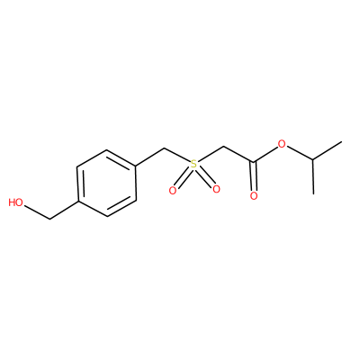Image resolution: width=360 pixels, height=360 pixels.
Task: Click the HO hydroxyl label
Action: (16, 202)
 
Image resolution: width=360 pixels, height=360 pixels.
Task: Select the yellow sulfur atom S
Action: (194, 164)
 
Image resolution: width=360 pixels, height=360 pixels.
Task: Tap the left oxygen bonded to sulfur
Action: (172, 190)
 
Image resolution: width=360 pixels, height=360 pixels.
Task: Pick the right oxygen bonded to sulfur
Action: (216, 189)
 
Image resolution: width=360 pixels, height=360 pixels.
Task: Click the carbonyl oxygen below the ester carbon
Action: (254, 196)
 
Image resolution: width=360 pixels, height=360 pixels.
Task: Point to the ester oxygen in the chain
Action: (282, 144)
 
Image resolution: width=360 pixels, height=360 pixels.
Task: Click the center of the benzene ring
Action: (107, 183)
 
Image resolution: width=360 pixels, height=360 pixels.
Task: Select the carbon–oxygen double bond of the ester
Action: (254, 176)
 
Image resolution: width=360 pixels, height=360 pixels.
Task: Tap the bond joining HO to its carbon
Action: (37, 212)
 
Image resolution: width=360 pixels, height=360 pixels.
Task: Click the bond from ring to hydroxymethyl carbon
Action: (64, 210)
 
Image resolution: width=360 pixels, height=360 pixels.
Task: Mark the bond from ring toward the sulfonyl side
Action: (150, 157)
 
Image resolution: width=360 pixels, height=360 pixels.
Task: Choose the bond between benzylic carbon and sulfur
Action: (177, 155)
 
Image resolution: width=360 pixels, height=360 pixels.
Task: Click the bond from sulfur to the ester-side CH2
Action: (211, 155)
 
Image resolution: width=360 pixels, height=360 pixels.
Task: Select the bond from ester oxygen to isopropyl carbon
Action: (300, 153)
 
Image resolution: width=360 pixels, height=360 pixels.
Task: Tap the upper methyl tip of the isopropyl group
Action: (342, 142)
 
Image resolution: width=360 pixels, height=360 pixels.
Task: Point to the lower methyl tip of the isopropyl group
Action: (313, 193)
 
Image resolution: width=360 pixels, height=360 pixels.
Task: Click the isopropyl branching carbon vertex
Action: (313, 159)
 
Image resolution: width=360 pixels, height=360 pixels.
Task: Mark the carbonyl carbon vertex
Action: (254, 162)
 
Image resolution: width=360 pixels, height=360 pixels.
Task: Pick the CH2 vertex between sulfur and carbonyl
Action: (224, 148)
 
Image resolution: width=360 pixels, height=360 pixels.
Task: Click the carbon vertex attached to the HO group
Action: (49, 220)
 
